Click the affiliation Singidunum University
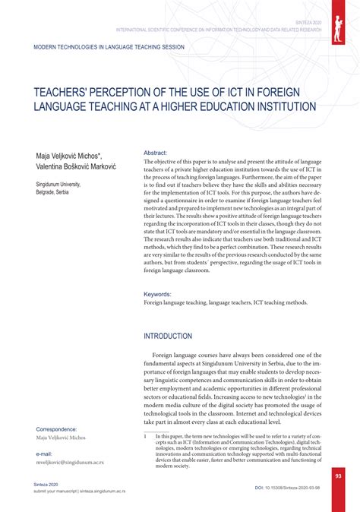coord(62,185)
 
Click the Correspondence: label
coord(56,429)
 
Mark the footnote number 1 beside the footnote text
coord(144,436)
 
